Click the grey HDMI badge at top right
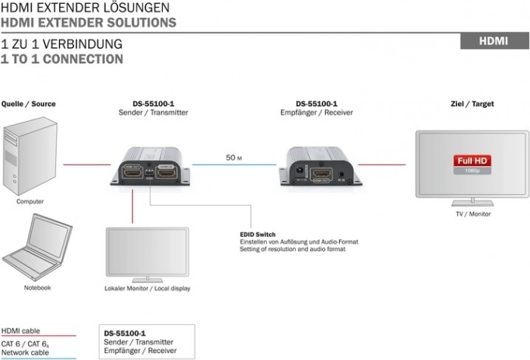click(494, 41)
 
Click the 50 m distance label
click(234, 157)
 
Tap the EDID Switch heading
click(258, 234)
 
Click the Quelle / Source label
click(29, 103)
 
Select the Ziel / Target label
click(472, 103)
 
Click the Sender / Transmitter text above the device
click(154, 112)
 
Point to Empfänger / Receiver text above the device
click(317, 112)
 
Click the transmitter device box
click(154, 168)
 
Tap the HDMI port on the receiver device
click(320, 174)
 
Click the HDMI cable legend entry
click(21, 331)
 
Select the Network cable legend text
click(25, 352)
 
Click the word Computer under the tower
click(30, 201)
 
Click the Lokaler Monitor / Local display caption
click(147, 289)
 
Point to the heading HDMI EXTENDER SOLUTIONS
click(88, 22)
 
